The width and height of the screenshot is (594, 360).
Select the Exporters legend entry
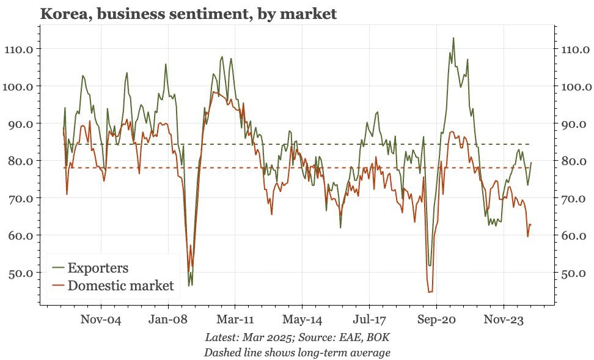[x=98, y=268]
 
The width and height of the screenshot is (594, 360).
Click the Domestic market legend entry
[x=120, y=285]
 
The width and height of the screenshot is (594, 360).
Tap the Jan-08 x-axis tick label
[x=168, y=319]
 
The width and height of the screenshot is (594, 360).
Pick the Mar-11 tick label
[x=235, y=319]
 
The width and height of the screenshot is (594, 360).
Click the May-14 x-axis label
[x=302, y=319]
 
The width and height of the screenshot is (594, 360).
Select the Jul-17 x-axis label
[x=370, y=319]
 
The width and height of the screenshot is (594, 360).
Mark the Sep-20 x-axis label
[x=436, y=319]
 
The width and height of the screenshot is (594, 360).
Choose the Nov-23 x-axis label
[x=504, y=319]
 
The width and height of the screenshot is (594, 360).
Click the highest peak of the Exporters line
[x=453, y=38]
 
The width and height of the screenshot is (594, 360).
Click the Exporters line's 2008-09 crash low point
[x=190, y=285]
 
